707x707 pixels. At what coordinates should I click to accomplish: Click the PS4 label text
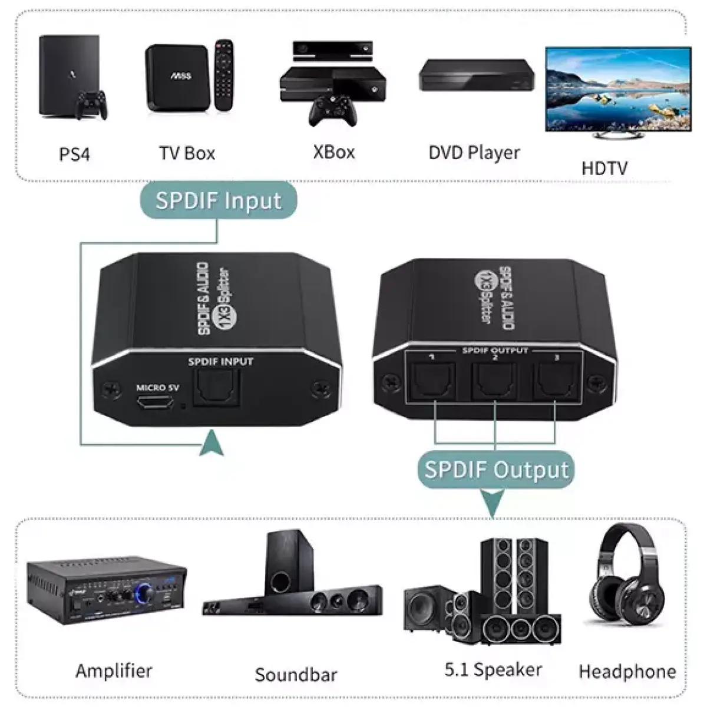(x=75, y=154)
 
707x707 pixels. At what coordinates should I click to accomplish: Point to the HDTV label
(x=604, y=168)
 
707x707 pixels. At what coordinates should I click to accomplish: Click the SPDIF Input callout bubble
(x=219, y=201)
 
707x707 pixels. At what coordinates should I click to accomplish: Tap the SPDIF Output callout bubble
(x=497, y=470)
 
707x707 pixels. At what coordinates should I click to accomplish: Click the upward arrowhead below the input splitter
(x=212, y=443)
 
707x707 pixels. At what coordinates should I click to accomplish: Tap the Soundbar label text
(x=296, y=674)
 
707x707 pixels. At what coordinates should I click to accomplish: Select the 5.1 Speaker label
(x=493, y=669)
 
